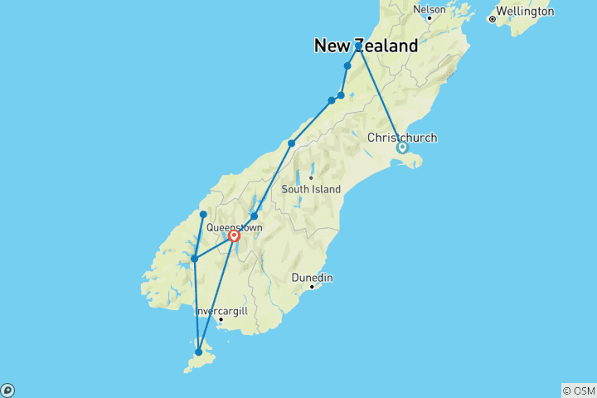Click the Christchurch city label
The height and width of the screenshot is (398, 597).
(x=401, y=137)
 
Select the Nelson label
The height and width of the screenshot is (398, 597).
(x=430, y=10)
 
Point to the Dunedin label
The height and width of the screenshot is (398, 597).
(x=313, y=278)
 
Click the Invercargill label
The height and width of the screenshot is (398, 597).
(x=221, y=310)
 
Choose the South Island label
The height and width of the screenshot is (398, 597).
(x=311, y=189)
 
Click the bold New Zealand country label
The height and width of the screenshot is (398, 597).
(x=366, y=46)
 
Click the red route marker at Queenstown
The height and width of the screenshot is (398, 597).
(x=235, y=236)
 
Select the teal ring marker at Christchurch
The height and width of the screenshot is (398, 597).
(x=402, y=148)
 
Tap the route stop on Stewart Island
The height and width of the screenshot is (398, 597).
(x=198, y=352)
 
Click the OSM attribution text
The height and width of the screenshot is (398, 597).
(x=579, y=391)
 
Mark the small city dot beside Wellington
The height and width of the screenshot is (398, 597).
(x=492, y=18)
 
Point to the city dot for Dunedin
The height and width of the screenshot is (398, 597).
(x=312, y=287)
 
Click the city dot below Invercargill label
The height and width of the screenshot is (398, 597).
(x=221, y=319)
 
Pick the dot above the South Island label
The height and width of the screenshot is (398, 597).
(x=311, y=177)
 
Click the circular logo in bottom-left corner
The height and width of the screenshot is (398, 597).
(x=7, y=390)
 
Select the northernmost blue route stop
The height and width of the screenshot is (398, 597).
(x=358, y=44)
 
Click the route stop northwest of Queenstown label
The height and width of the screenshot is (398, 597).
(x=203, y=215)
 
